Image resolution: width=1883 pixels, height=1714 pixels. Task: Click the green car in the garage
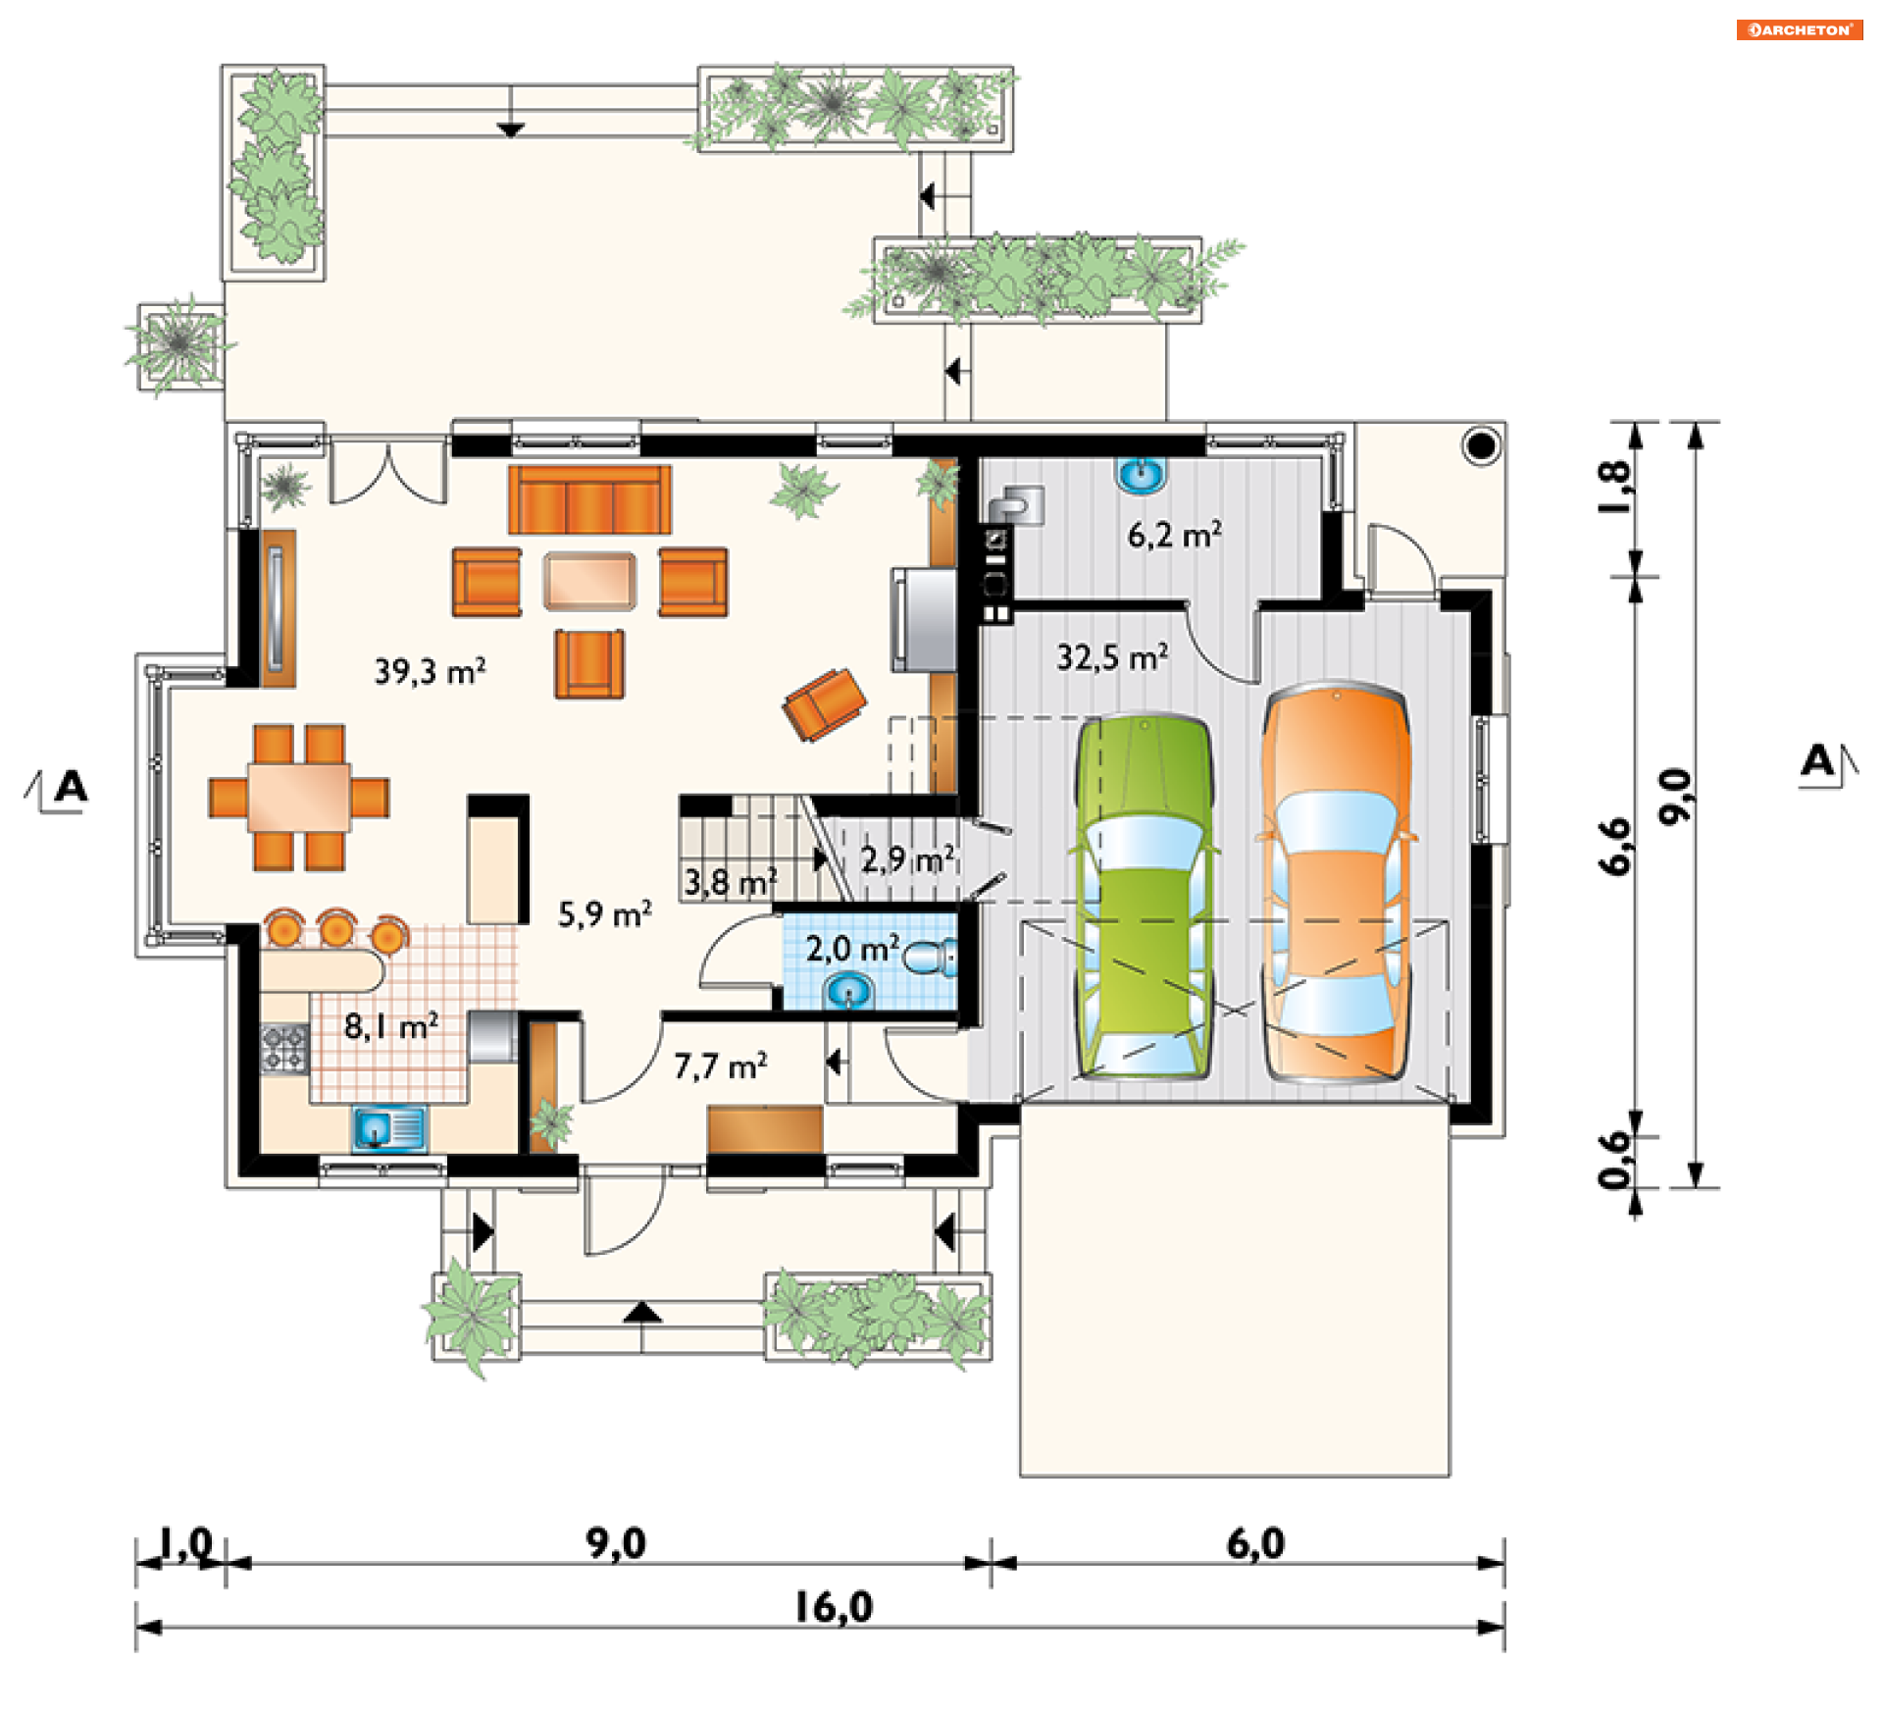tap(1145, 897)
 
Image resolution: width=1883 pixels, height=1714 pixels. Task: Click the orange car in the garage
tap(1337, 883)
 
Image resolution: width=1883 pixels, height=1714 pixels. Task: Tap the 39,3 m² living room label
tap(430, 672)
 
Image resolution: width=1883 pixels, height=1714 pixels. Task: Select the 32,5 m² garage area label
tap(1112, 657)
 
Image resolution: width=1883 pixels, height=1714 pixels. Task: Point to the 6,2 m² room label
tap(1174, 535)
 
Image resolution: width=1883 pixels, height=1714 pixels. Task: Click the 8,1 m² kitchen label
tap(390, 1026)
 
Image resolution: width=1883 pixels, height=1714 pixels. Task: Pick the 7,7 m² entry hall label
tap(720, 1065)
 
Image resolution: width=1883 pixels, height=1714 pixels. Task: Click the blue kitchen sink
tap(389, 1128)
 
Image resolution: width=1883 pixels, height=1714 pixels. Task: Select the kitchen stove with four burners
tap(284, 1047)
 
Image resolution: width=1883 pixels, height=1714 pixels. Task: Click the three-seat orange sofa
tap(589, 499)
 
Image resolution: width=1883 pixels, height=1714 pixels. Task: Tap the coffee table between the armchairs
tap(589, 580)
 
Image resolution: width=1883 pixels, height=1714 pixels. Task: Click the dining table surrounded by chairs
tap(298, 798)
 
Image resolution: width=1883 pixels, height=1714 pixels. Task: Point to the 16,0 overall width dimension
tap(833, 1607)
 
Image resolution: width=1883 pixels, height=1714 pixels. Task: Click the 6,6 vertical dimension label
tap(1615, 846)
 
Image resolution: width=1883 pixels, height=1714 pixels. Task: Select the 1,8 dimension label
tap(1615, 488)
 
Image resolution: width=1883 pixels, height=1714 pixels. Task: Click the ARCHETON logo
tap(1800, 29)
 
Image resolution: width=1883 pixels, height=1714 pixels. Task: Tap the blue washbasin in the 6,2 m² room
tap(1142, 476)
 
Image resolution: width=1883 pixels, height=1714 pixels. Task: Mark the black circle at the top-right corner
tap(1482, 446)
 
